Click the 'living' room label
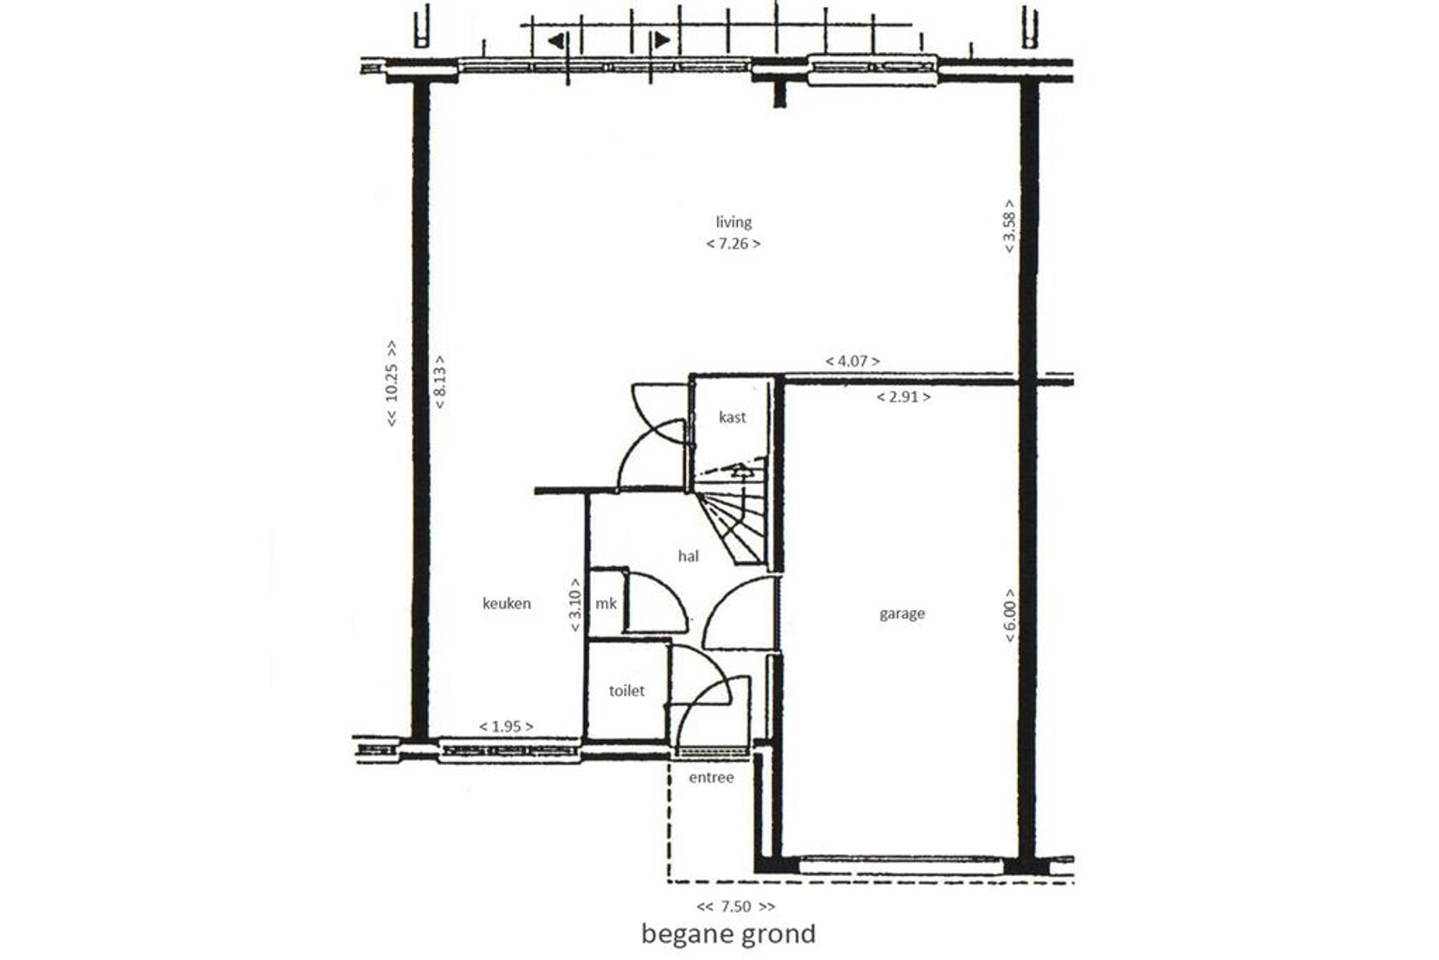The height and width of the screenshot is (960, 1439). click(733, 223)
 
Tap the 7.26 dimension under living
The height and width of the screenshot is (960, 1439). click(733, 244)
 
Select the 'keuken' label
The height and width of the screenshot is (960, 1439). click(506, 604)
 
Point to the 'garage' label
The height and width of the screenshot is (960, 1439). click(902, 614)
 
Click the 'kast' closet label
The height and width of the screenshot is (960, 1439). click(732, 418)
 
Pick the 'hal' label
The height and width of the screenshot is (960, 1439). click(688, 556)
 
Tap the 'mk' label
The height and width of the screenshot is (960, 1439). click(606, 604)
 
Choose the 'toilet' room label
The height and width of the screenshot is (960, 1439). click(626, 691)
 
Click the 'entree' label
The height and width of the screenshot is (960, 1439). click(711, 777)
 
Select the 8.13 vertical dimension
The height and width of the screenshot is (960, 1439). click(440, 382)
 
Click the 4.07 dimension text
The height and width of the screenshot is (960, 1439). click(853, 361)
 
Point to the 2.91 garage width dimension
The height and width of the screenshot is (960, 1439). click(903, 397)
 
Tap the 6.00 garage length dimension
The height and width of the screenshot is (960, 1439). click(1010, 616)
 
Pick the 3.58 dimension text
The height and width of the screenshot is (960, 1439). click(1009, 226)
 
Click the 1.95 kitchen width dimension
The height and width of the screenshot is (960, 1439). click(506, 726)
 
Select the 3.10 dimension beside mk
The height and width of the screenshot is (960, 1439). click(576, 606)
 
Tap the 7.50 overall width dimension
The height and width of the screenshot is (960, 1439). click(735, 907)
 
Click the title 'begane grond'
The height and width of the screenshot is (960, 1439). click(728, 935)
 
